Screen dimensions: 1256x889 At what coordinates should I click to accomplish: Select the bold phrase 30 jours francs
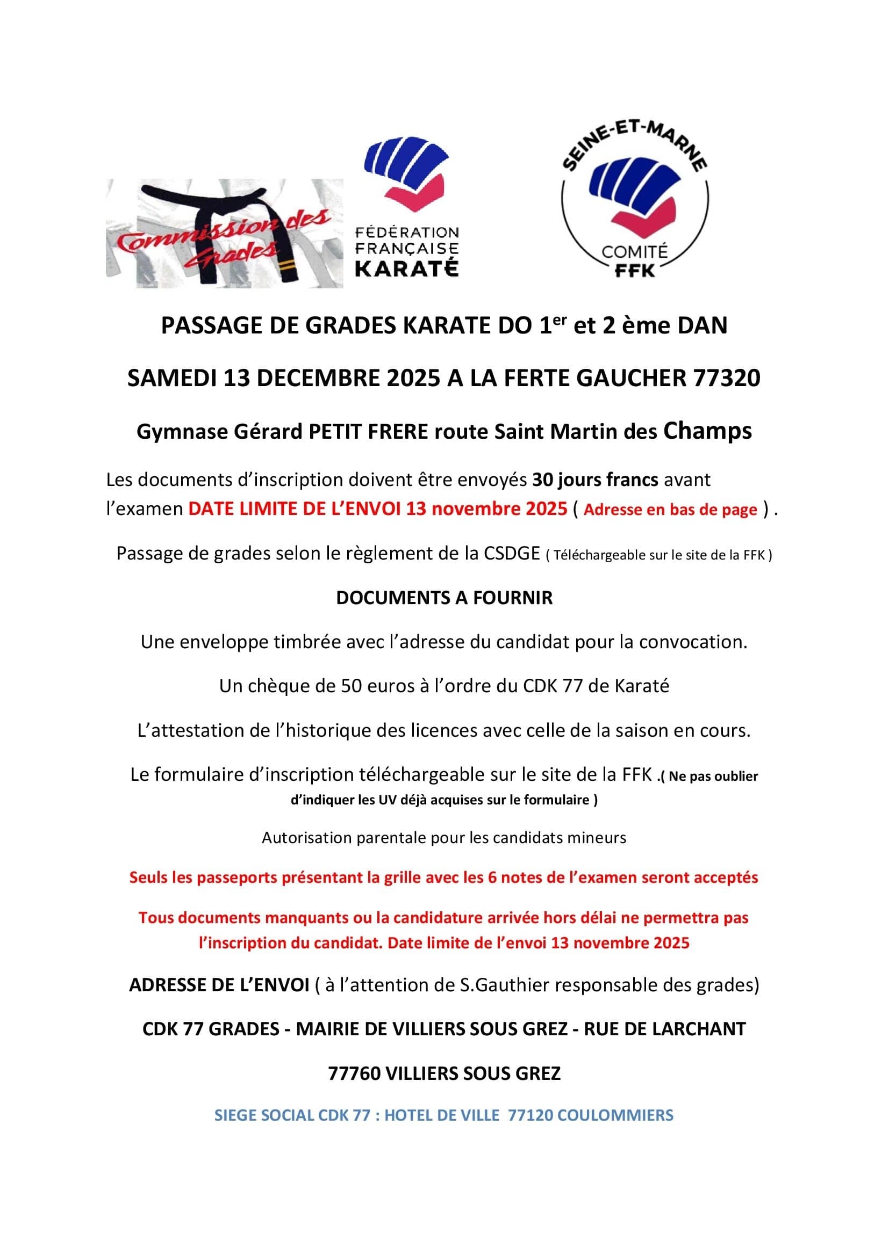tap(595, 480)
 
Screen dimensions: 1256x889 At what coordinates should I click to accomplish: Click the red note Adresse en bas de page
tap(671, 509)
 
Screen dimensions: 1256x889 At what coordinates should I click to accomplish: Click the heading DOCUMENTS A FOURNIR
tap(444, 598)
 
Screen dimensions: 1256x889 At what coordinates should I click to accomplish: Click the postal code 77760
tap(354, 1073)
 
